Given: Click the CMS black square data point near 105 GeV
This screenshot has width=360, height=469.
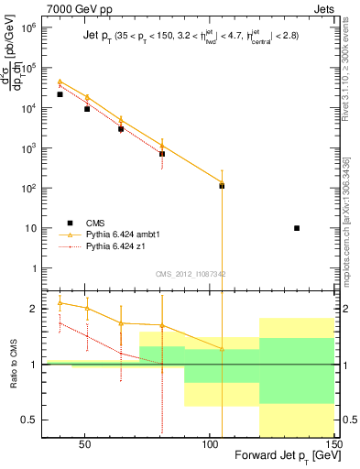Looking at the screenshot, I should tap(222, 186).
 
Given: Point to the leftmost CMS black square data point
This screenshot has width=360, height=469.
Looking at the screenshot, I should tap(60, 94).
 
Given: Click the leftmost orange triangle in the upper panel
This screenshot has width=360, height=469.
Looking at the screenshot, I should tap(60, 82).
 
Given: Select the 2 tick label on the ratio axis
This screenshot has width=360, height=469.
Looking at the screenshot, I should tap(34, 309).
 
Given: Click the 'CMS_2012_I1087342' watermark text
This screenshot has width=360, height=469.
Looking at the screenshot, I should tap(190, 274).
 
